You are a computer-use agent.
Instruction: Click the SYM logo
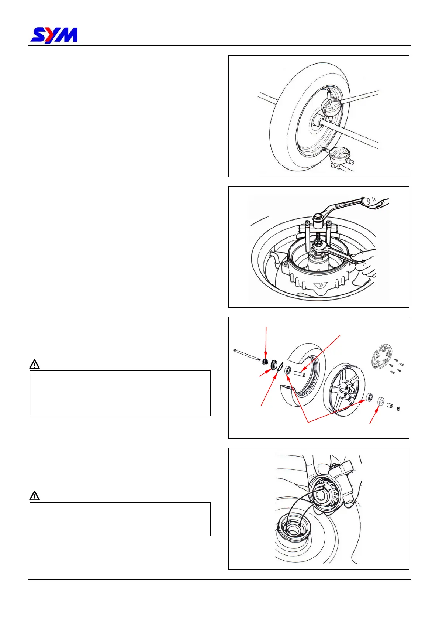[54, 35]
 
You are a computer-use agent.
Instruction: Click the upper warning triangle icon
[34, 364]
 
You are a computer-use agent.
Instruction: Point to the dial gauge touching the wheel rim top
[331, 107]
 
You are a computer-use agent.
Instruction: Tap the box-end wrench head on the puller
[318, 218]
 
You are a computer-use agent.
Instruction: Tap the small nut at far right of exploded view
[398, 409]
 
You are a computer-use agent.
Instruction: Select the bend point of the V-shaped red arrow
[308, 421]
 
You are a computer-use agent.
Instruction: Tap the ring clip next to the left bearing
[280, 368]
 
